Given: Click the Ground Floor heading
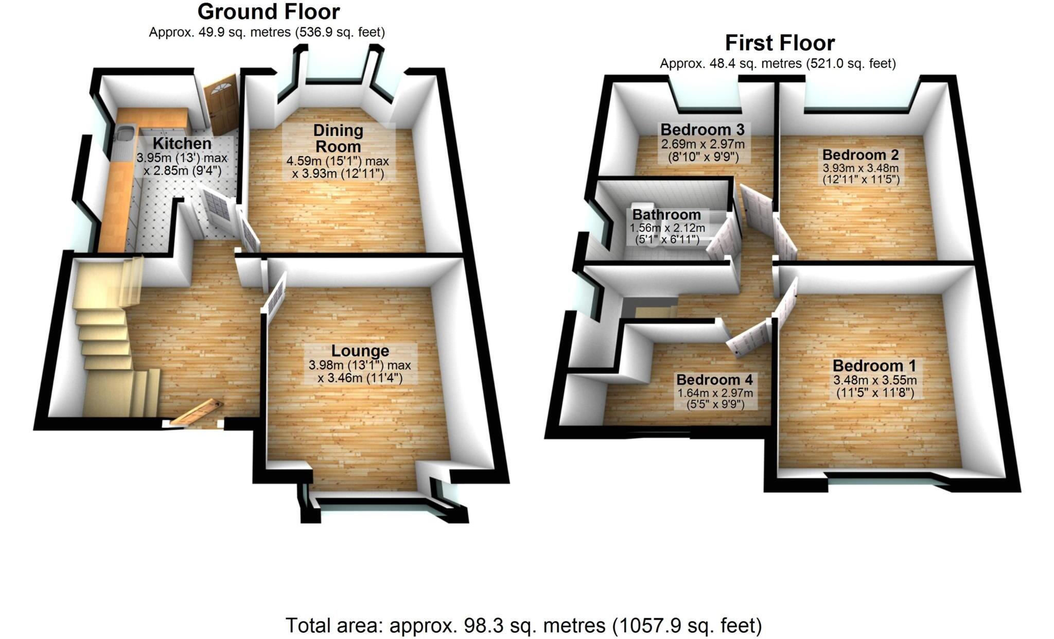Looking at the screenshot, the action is (x=268, y=11).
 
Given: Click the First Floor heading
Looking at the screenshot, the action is (x=779, y=43).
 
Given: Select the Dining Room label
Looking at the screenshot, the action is (x=338, y=138).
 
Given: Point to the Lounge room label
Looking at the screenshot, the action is (x=360, y=351).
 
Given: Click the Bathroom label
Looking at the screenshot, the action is (x=666, y=215).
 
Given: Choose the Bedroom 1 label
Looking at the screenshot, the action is (x=874, y=366).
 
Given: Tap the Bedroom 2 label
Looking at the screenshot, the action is (x=860, y=154).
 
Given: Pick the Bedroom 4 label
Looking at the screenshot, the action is (x=714, y=380).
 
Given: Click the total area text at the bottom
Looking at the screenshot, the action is (x=523, y=626).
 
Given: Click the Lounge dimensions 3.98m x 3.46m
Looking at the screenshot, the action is (x=360, y=372).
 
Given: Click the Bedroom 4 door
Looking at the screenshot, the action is (x=749, y=338).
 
